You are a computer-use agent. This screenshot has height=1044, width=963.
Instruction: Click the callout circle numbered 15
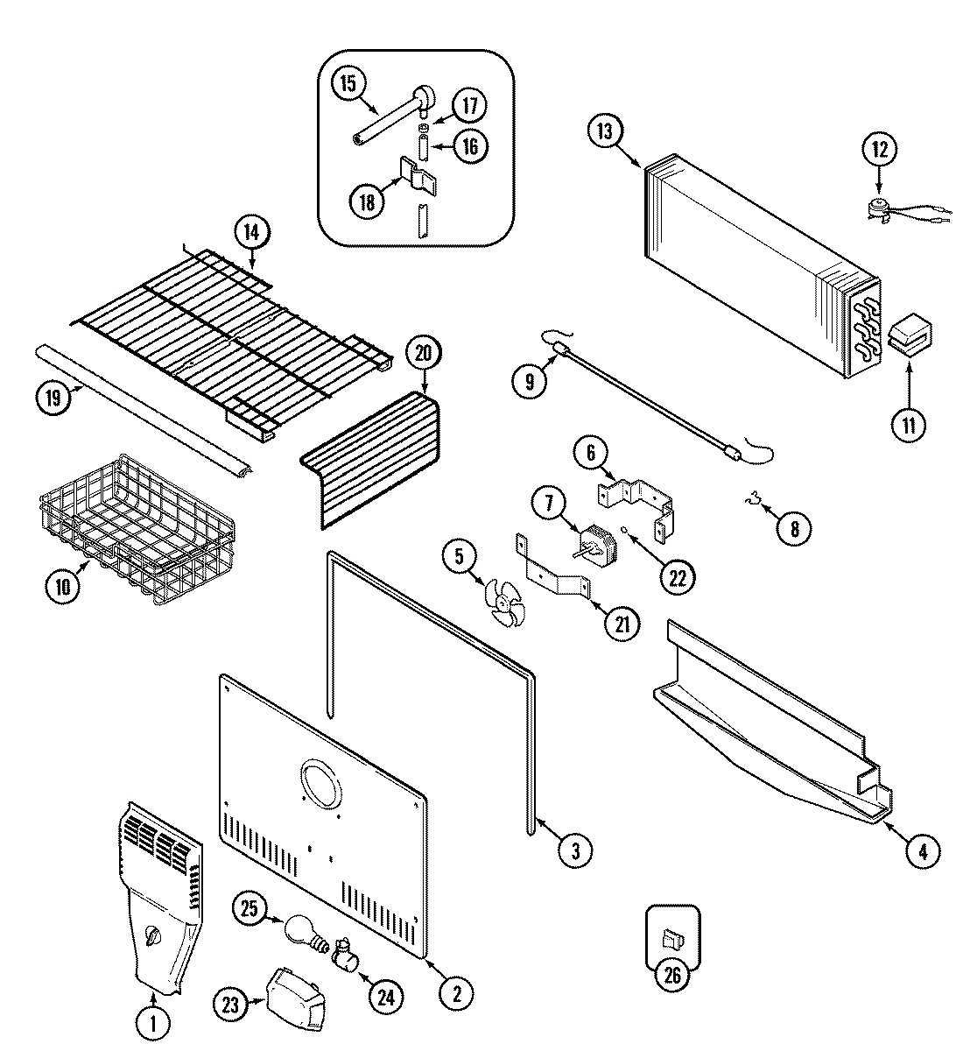348,84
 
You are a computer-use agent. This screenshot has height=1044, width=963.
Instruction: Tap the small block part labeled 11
910,340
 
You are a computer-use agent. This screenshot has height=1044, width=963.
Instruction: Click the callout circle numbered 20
423,355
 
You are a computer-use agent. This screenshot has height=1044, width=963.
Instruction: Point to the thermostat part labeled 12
880,208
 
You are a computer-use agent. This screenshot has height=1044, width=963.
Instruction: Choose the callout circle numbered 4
923,850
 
